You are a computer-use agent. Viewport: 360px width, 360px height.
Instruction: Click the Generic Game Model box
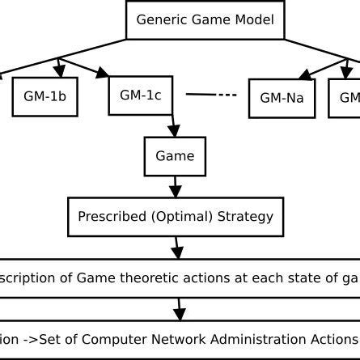point(205,20)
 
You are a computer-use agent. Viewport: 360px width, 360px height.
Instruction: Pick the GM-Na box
point(282,98)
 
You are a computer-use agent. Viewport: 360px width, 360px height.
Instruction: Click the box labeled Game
point(175,156)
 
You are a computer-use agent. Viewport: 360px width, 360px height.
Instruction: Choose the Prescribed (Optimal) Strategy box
point(176,217)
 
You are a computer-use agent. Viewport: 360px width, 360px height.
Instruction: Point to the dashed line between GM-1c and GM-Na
point(212,95)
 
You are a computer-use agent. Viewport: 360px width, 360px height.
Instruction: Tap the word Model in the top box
point(252,20)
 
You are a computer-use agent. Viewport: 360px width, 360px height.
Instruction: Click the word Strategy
point(244,217)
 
